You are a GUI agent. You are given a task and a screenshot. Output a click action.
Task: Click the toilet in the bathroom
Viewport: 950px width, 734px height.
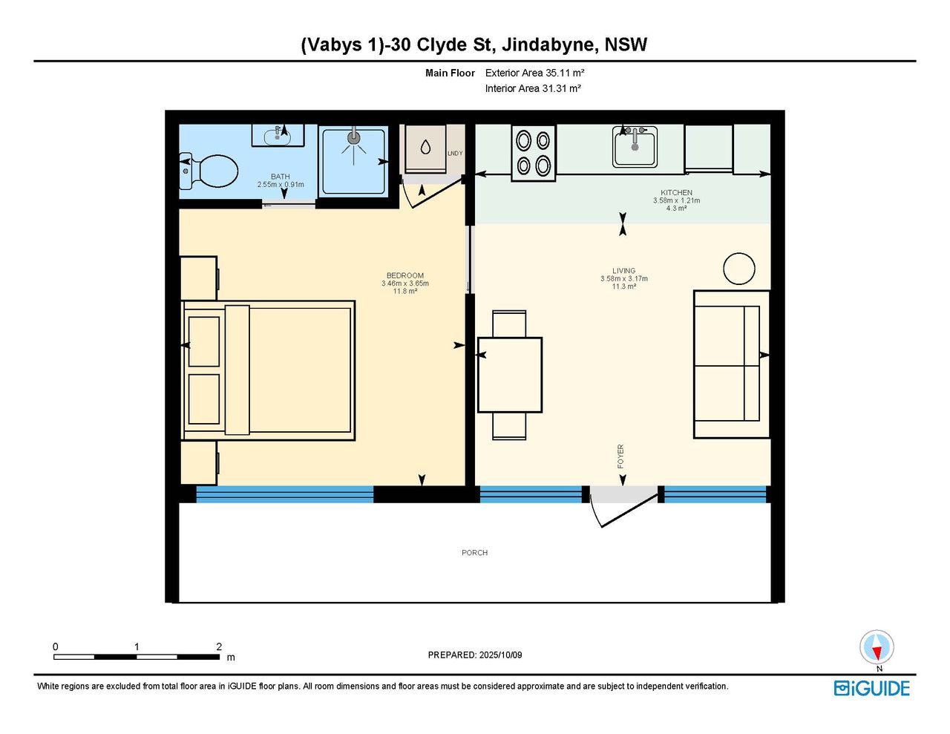209,171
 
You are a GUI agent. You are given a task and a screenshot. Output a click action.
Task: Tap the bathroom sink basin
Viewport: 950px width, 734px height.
277,137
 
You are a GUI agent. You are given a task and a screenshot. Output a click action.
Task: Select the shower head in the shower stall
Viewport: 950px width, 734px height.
353,138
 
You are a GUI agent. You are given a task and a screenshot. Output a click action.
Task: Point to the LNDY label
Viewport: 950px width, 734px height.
455,154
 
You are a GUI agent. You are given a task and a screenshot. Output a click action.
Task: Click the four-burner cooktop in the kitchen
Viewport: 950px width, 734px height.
534,153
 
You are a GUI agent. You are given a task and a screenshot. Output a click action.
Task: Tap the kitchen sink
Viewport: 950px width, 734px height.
635,147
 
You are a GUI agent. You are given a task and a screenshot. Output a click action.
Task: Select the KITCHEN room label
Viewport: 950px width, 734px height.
676,192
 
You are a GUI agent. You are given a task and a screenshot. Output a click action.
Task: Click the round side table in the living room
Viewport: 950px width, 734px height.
738,269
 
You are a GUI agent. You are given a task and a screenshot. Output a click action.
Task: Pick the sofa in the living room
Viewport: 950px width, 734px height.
731,364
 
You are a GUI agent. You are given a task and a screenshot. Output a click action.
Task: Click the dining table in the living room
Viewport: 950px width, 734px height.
510,375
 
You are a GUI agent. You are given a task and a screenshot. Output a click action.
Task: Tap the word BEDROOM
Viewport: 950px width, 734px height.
404,275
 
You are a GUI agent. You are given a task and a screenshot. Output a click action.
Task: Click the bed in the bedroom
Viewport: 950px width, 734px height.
268,370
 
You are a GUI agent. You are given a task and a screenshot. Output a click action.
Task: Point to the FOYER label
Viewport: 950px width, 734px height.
620,456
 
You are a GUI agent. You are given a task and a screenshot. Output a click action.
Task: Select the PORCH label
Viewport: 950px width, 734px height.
474,553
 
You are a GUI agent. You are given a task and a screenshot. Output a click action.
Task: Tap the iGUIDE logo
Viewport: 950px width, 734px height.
872,688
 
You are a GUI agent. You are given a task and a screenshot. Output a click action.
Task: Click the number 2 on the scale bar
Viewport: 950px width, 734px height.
219,646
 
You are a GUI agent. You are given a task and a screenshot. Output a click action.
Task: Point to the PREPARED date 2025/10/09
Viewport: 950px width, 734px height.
500,655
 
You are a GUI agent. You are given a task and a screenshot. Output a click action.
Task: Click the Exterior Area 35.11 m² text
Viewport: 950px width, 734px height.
534,73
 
